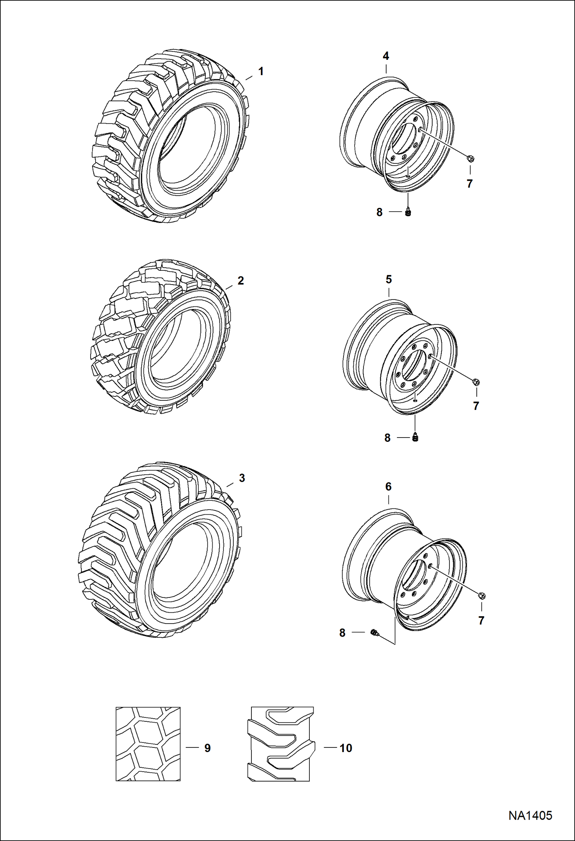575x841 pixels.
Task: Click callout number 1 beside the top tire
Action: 261,71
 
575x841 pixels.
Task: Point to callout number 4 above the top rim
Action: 386,56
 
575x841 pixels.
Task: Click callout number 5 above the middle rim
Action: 388,280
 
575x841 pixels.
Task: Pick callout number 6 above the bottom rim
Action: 388,487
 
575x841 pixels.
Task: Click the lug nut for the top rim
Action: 470,158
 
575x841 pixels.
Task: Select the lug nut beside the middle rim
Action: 476,382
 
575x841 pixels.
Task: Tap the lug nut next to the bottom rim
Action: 482,596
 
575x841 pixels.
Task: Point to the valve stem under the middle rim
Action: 415,437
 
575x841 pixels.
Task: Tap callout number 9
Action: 207,748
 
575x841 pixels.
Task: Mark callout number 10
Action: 345,748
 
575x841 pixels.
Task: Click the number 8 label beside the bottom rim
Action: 342,633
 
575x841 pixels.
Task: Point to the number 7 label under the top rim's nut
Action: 469,184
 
